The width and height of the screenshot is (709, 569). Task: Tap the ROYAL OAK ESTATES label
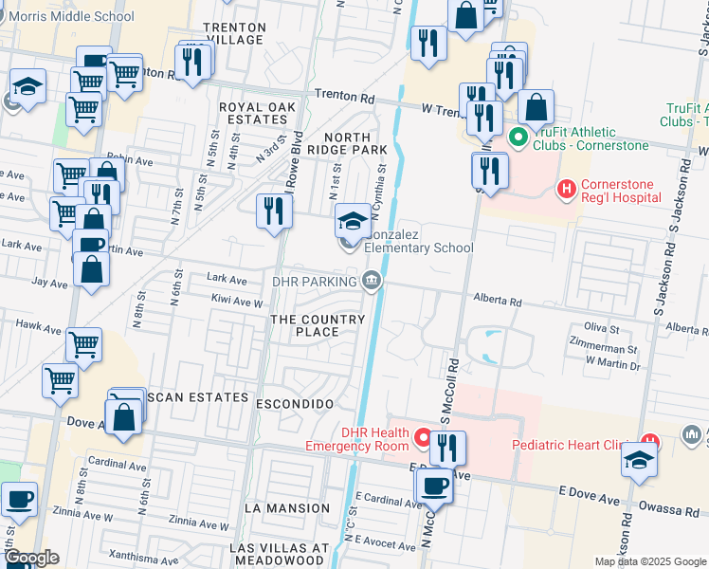pos(253,113)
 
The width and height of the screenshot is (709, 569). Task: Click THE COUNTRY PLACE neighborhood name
pos(318,325)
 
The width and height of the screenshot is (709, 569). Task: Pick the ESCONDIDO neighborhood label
pos(294,404)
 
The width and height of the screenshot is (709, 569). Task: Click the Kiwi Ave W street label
pos(235,303)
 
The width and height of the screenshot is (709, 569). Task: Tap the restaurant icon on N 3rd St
pos(273,211)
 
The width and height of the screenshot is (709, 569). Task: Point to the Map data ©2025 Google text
pos(649,561)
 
